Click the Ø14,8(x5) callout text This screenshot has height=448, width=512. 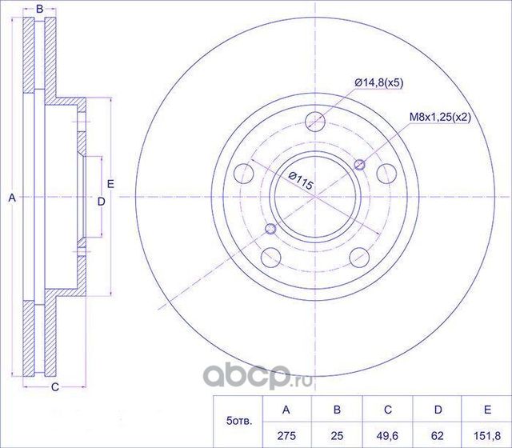tap(379, 82)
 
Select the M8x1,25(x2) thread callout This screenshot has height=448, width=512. tap(440, 118)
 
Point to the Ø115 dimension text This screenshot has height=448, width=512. tap(301, 181)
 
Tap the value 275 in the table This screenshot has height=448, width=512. tap(286, 435)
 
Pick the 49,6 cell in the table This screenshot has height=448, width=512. tap(387, 435)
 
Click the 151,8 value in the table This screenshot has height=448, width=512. tap(487, 435)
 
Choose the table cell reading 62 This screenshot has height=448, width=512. tap(438, 435)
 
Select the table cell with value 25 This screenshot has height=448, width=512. tap(337, 435)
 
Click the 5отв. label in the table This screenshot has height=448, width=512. tap(239, 422)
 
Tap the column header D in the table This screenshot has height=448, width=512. tap(438, 410)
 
